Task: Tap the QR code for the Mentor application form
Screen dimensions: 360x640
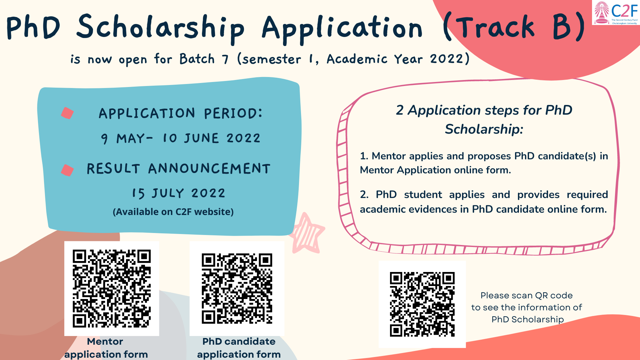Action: [112, 288]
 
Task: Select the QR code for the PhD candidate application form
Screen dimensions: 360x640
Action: [237, 288]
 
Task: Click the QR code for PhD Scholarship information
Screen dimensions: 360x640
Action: [422, 304]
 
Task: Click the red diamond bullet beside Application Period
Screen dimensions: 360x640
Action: [67, 113]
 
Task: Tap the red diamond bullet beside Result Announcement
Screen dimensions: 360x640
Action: [67, 170]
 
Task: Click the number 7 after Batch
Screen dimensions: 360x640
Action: [226, 59]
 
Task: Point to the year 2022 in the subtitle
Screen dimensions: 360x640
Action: [447, 59]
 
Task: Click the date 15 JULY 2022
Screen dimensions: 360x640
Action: [179, 193]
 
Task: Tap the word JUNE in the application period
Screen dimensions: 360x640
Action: [202, 138]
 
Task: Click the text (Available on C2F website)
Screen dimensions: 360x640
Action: [173, 212]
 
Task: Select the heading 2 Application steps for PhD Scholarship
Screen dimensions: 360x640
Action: [484, 119]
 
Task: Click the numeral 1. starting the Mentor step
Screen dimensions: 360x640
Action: [364, 156]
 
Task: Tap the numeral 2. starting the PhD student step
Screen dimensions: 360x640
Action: [364, 194]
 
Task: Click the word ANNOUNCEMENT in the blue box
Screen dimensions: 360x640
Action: [209, 169]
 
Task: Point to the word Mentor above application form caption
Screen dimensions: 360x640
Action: [105, 341]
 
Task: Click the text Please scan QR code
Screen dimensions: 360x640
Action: [526, 295]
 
